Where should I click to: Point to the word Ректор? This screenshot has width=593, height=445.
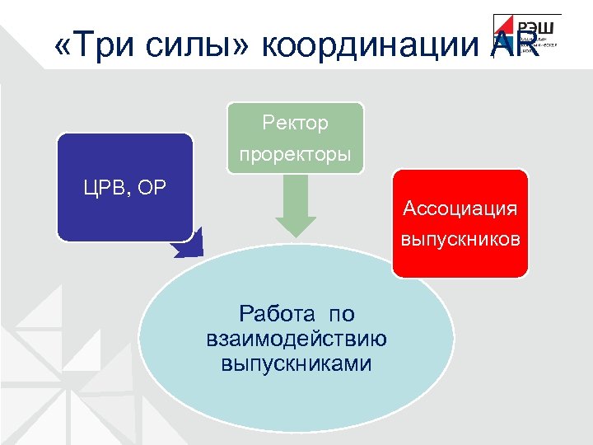point(295,124)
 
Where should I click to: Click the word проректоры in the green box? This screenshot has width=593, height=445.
point(295,154)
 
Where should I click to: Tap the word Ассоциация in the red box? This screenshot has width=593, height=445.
point(460,208)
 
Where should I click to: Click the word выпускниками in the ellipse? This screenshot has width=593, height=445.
point(296,363)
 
